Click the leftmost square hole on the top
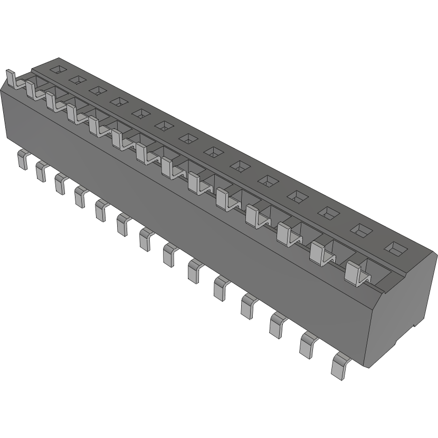pos(59,69)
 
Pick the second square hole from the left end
pos(78,79)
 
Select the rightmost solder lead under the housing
pos(340,365)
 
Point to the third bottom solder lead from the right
pos(278,324)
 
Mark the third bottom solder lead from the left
pos(60,184)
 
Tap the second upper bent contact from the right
pos(319,253)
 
